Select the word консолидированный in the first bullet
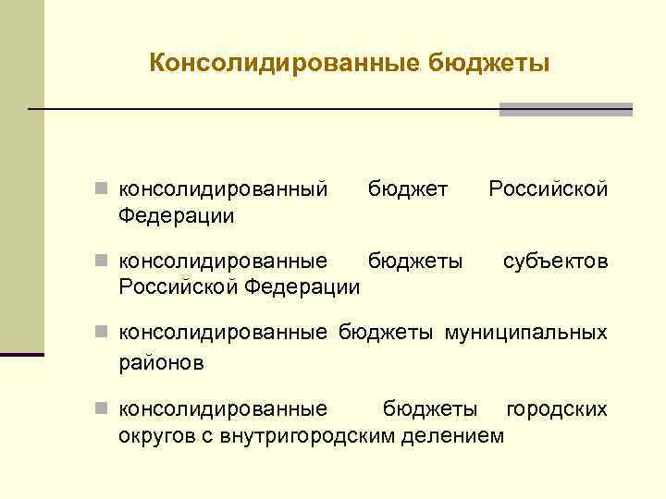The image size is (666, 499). coord(224,189)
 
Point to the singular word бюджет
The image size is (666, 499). coord(408,189)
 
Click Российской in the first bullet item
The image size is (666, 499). coord(548,189)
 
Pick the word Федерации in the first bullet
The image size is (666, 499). coord(177,215)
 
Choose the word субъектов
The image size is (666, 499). coord(555,262)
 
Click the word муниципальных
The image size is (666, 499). coord(527,333)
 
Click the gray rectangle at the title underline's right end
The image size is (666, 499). coord(566,109)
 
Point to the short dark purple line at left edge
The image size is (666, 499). coord(22,354)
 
